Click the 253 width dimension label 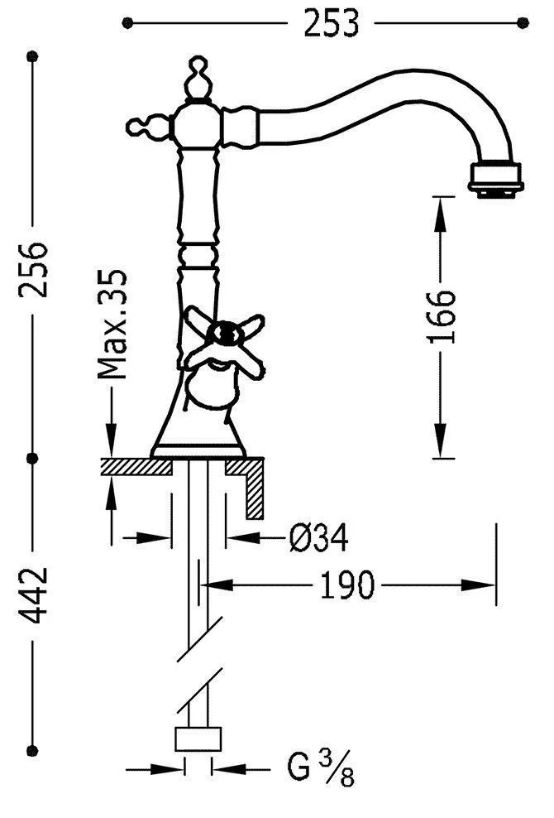[x=332, y=24]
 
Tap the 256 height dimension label [x=33, y=269]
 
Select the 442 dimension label [x=33, y=595]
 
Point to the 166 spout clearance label [x=441, y=316]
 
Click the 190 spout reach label [x=346, y=585]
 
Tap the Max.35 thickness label [x=112, y=324]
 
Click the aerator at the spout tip [x=495, y=180]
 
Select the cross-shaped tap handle [x=225, y=340]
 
